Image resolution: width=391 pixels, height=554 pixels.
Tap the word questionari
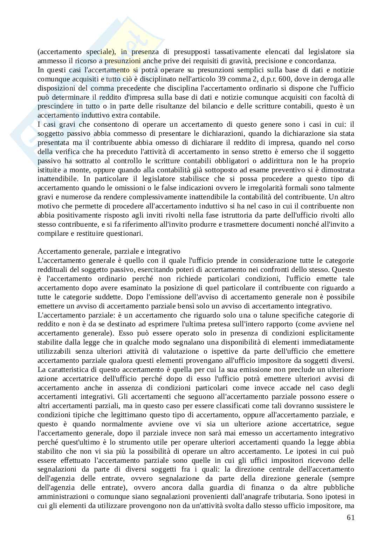point(126,234)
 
